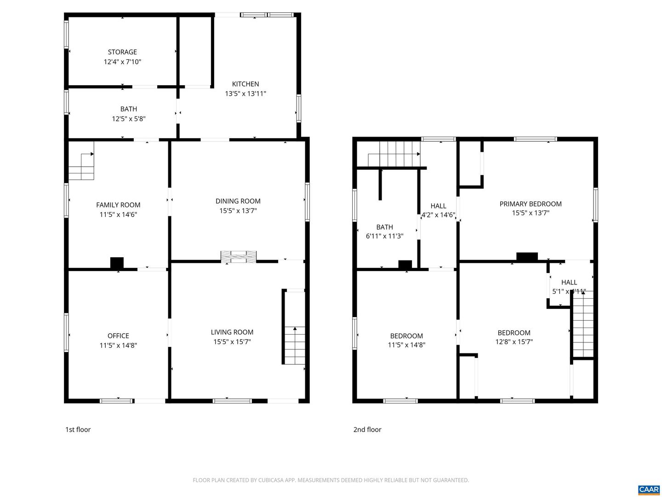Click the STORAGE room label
122,52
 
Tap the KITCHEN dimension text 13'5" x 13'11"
245,94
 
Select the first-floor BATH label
129,109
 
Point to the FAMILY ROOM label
118,205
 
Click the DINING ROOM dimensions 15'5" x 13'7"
238,211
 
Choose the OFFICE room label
118,336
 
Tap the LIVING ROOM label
232,332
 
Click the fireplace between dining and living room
238,257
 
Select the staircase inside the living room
295,345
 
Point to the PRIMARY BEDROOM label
531,204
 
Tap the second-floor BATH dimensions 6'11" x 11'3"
384,236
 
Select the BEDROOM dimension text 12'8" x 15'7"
514,342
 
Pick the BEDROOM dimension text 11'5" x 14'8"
406,345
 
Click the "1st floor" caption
78,429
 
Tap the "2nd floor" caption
367,429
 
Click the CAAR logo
649,489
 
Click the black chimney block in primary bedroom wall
527,257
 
